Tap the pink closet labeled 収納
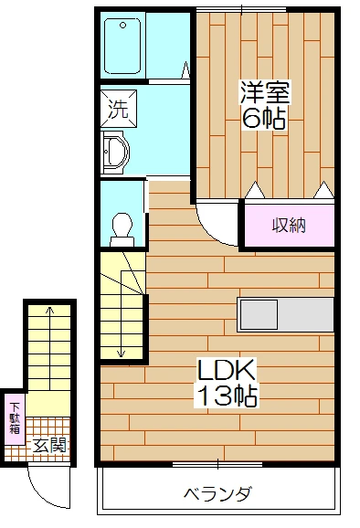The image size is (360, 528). point(287,225)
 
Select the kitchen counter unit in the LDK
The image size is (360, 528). point(285,315)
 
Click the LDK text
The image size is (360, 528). point(227,371)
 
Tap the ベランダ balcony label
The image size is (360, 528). point(217,495)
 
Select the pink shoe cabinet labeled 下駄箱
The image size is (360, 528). point(15,422)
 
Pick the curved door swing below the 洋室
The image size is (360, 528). point(217,227)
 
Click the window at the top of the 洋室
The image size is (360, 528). point(241,8)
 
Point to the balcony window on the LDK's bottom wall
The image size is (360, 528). point(217,464)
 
